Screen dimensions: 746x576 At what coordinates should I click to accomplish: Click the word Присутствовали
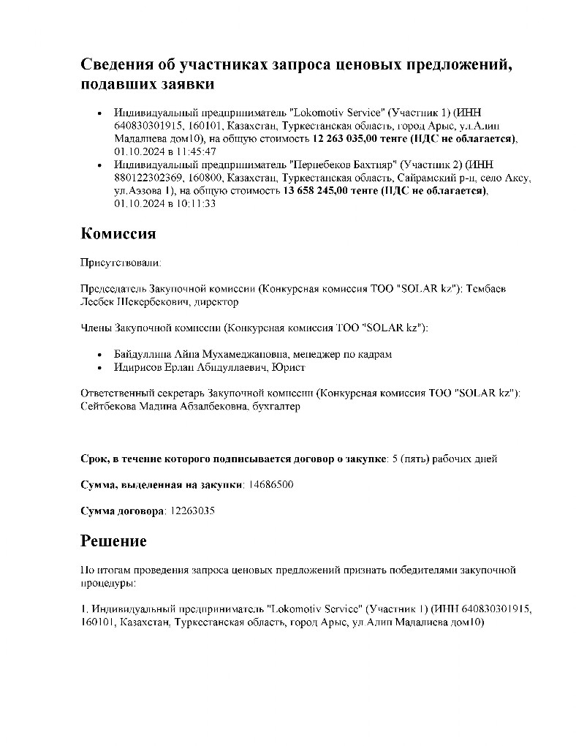121,260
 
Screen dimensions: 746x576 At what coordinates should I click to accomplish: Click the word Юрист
288,367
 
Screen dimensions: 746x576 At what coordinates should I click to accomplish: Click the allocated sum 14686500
272,484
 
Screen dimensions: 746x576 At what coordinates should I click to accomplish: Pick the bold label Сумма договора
122,510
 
